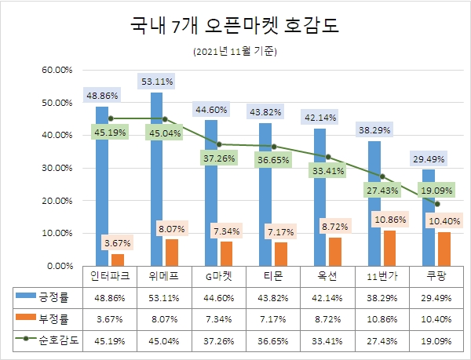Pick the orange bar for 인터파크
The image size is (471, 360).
click(x=118, y=260)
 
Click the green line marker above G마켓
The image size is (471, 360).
click(x=220, y=144)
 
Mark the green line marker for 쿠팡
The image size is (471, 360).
click(x=437, y=204)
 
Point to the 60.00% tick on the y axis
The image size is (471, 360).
click(x=55, y=70)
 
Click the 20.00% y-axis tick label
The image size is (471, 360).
click(x=55, y=201)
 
